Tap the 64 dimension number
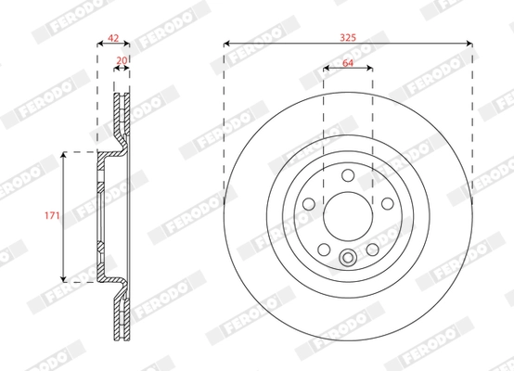click(348, 62)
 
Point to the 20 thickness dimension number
click(121, 61)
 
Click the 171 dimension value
click(52, 215)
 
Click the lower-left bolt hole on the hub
click(324, 248)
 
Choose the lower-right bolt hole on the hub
click(372, 248)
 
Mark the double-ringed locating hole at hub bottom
click(348, 259)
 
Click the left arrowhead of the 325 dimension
click(227, 43)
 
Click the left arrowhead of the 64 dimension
click(327, 69)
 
